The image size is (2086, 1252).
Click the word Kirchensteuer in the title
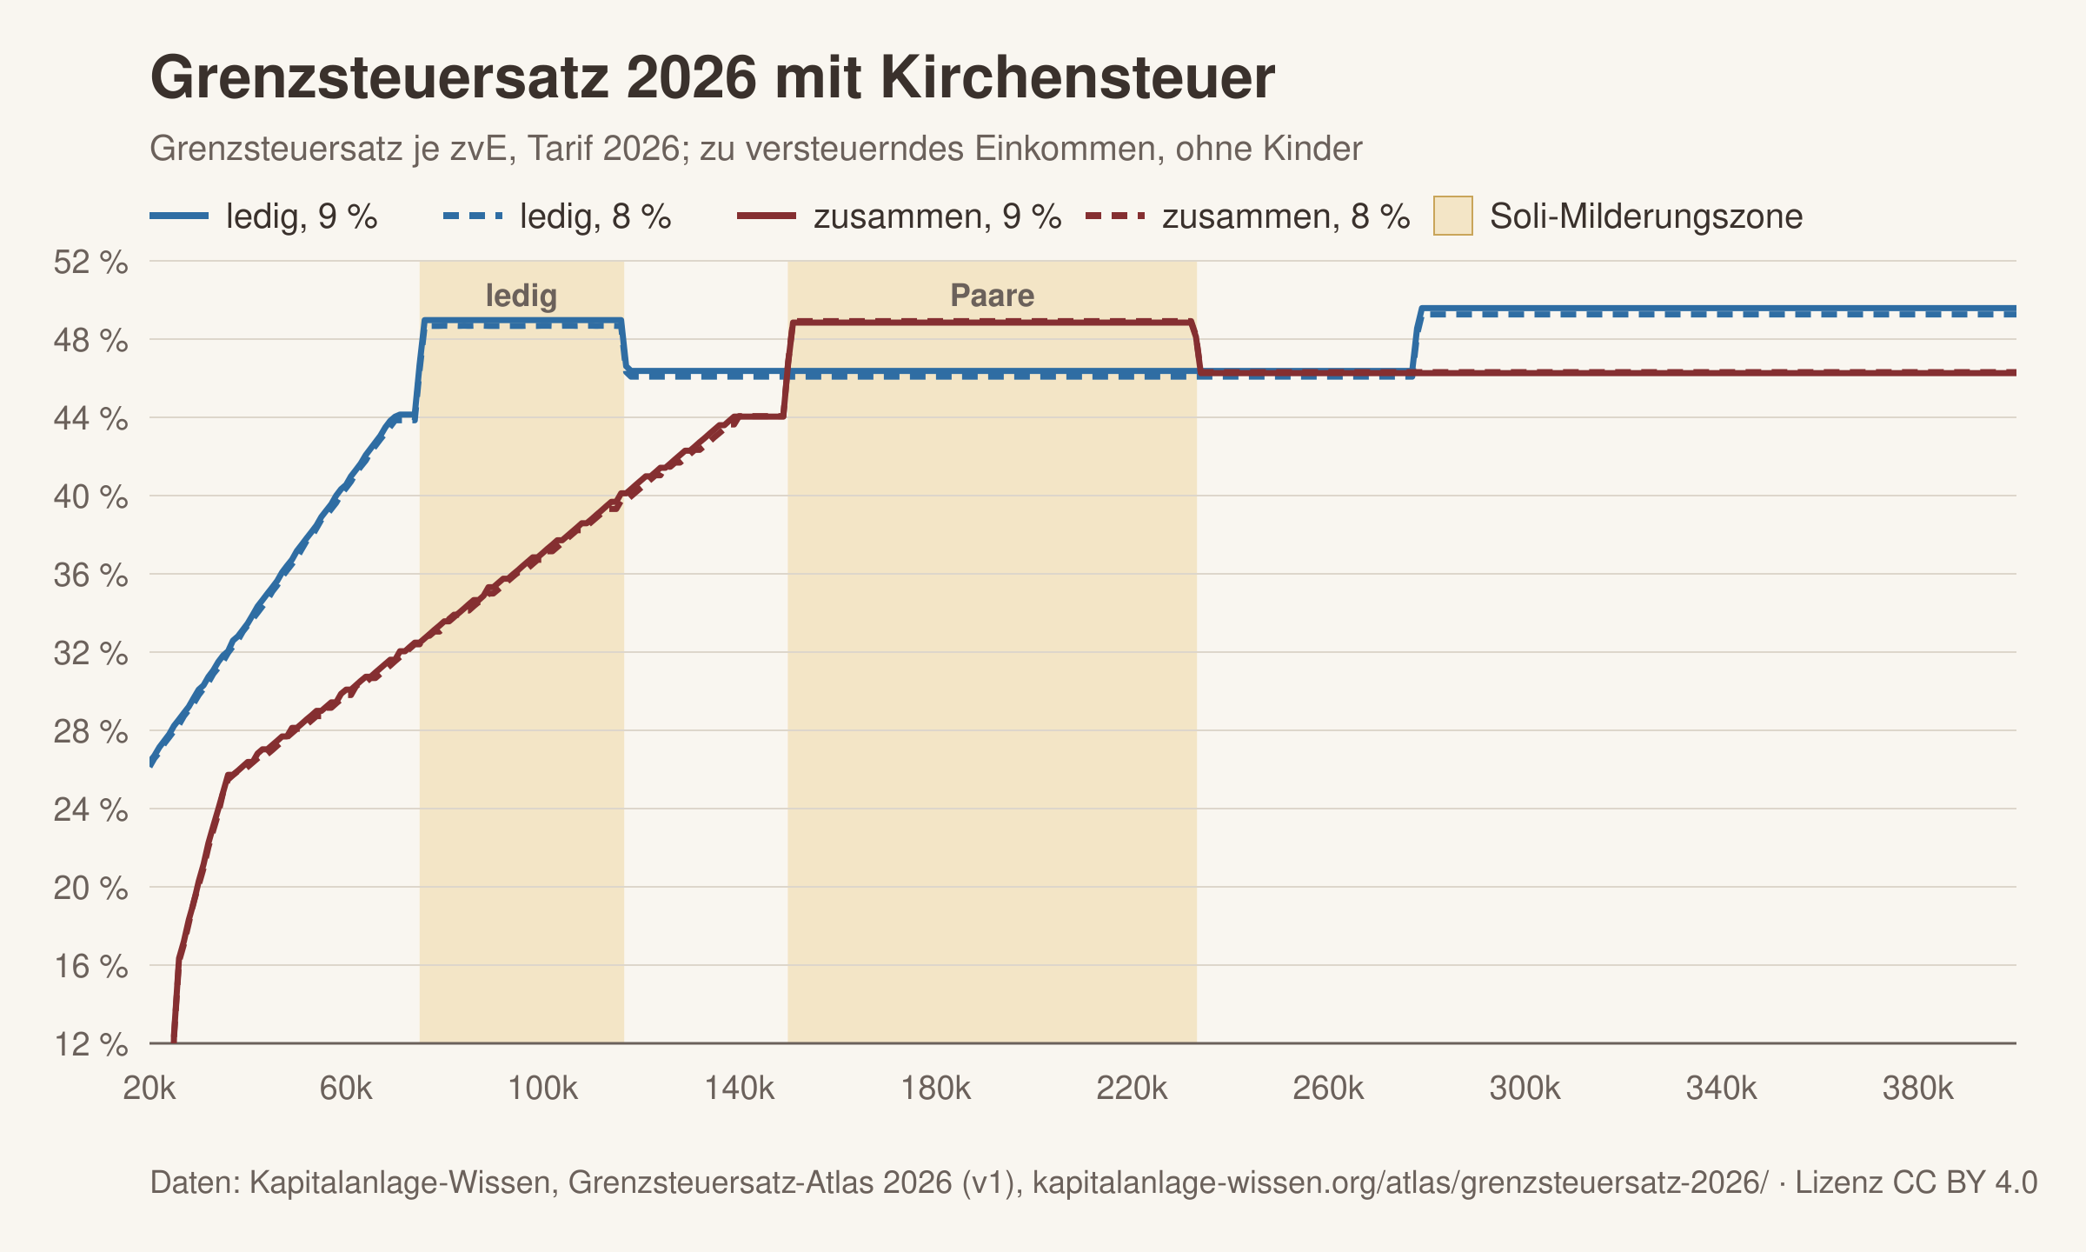click(1078, 78)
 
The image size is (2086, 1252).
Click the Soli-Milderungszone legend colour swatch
click(1452, 216)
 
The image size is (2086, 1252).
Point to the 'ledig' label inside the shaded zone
click(521, 296)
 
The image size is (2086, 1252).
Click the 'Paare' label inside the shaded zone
click(993, 296)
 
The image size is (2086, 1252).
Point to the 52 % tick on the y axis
click(91, 262)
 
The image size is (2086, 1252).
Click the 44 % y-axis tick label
click(91, 418)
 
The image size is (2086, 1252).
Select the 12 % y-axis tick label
click(91, 1044)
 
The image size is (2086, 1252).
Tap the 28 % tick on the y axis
click(91, 731)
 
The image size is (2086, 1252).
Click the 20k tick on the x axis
click(149, 1088)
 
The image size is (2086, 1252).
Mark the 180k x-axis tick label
click(936, 1088)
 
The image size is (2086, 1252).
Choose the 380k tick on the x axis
click(1918, 1088)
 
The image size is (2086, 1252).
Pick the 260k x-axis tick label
click(1329, 1088)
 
